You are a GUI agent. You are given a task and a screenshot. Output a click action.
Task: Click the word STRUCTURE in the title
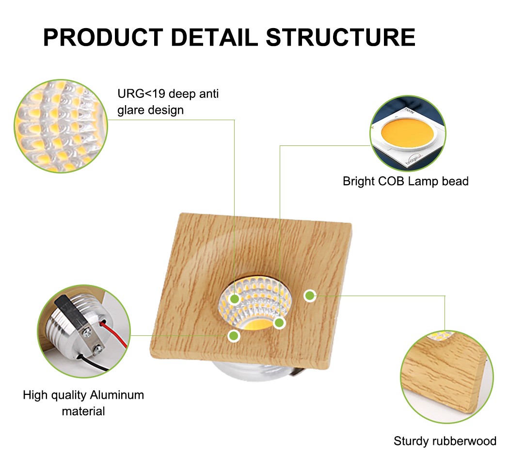340,37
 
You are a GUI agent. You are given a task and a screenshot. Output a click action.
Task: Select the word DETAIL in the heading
214,37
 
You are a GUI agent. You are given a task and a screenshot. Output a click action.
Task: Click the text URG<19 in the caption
141,94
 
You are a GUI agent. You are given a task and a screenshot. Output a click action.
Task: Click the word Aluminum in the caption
117,395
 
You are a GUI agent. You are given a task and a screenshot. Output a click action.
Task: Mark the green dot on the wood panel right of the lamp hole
310,295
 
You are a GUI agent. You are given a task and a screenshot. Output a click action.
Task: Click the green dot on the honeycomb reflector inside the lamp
235,299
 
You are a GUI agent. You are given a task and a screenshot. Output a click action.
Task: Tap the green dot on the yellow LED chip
279,322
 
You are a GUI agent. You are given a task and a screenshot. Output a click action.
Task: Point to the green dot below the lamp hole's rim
234,335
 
